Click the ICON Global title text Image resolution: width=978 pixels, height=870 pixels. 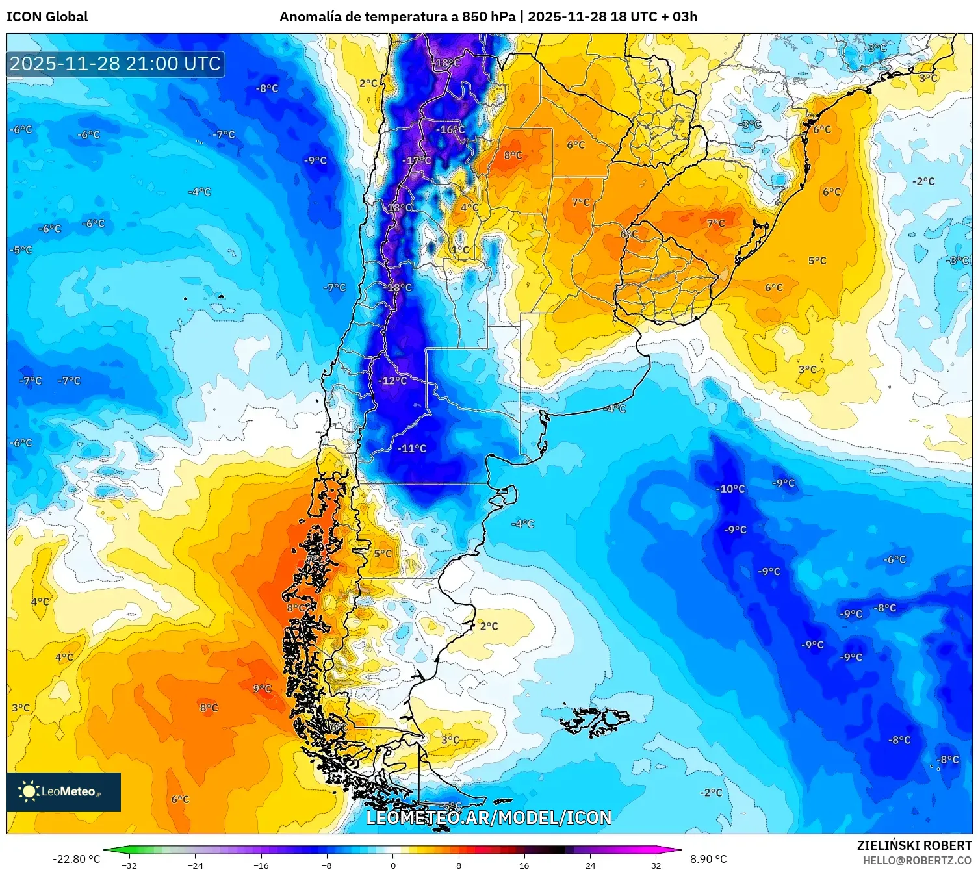(x=47, y=17)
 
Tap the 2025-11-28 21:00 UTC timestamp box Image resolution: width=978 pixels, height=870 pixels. (x=116, y=64)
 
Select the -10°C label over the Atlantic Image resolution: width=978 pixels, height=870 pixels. (x=730, y=489)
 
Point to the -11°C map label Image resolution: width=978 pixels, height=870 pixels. (x=412, y=448)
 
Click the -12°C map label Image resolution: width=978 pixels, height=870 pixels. (x=392, y=381)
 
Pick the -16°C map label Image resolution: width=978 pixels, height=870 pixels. (x=450, y=129)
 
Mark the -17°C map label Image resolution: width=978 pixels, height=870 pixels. (x=417, y=160)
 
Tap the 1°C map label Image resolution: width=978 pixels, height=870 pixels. (x=460, y=249)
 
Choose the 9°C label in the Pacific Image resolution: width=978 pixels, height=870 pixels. (x=262, y=689)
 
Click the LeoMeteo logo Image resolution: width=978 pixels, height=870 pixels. (x=64, y=791)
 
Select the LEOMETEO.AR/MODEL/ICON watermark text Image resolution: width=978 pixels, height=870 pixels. (x=489, y=817)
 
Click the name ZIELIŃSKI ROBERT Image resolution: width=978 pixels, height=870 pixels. (x=914, y=845)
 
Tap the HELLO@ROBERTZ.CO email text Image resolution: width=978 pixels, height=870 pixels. (x=916, y=860)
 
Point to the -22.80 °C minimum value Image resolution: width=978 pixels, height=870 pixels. (x=77, y=859)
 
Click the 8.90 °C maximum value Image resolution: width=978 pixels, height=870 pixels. (x=708, y=859)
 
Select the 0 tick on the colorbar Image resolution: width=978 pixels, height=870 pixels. (x=392, y=865)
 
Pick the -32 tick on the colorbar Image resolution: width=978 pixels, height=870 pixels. (x=130, y=865)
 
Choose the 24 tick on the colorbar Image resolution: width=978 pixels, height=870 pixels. (x=590, y=865)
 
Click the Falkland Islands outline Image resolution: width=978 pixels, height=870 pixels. (x=595, y=721)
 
